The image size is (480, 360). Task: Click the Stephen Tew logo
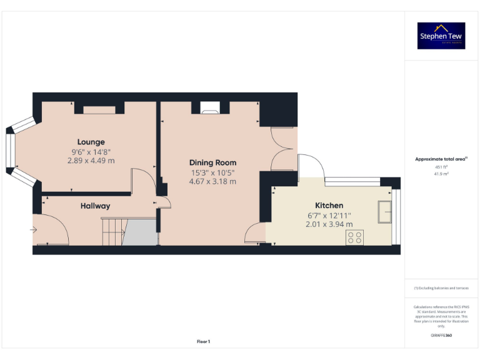(x=441, y=36)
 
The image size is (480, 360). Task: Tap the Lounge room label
(x=91, y=142)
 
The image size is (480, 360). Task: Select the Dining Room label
(x=212, y=162)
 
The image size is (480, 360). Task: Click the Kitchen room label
(x=328, y=205)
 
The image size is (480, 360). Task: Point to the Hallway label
(x=95, y=206)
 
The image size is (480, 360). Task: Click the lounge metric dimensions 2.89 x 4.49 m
(x=91, y=161)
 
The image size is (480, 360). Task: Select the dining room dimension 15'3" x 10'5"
(x=212, y=172)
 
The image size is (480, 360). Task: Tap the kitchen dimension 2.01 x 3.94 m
(x=328, y=224)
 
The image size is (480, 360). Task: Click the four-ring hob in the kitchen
(x=355, y=237)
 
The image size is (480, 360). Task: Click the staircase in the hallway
(x=113, y=231)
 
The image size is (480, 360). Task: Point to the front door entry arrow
(x=33, y=230)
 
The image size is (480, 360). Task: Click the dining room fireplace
(x=210, y=108)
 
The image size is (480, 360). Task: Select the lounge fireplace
(x=99, y=110)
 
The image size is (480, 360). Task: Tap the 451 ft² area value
(x=441, y=167)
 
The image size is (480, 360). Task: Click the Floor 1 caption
(x=203, y=341)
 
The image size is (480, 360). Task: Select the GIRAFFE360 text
(x=441, y=336)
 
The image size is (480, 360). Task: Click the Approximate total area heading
(x=441, y=159)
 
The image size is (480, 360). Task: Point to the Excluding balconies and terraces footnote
(x=441, y=287)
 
